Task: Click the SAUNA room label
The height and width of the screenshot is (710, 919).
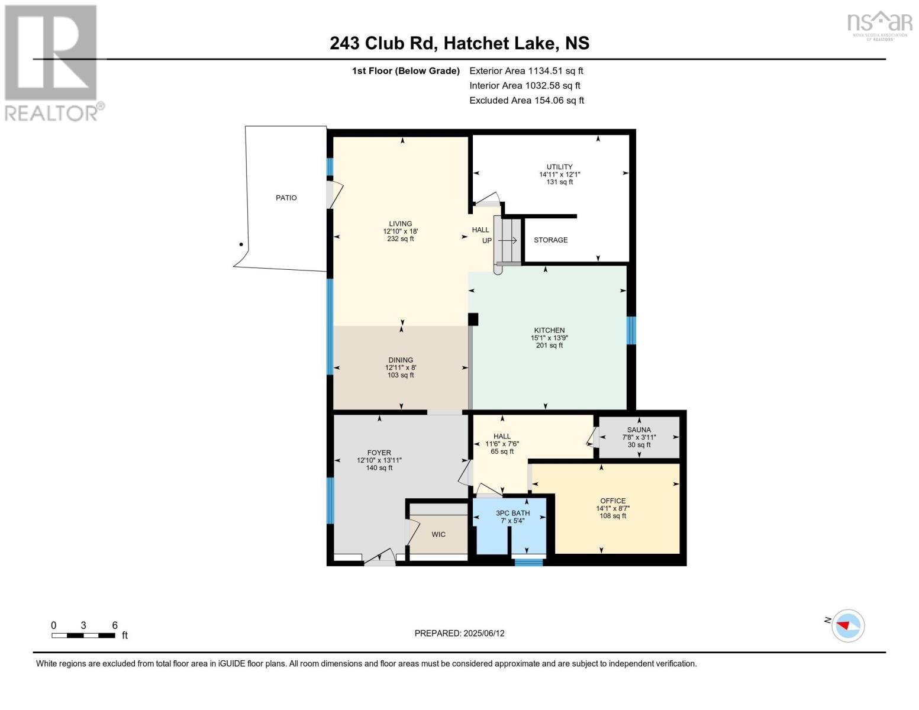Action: [639, 430]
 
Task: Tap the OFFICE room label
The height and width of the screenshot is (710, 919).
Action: [613, 501]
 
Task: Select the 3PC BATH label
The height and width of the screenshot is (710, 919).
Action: [512, 513]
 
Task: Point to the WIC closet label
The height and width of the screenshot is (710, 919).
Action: [438, 534]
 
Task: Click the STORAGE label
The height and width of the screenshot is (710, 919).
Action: [551, 240]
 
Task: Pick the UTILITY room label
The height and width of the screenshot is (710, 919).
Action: [560, 167]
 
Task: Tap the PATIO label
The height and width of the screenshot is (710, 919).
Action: [286, 198]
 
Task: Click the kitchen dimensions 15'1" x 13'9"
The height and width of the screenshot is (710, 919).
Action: [549, 338]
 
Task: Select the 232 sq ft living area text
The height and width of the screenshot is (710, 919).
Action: [401, 238]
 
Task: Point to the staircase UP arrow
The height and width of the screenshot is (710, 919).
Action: [508, 240]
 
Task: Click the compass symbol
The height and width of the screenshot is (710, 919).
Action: [848, 626]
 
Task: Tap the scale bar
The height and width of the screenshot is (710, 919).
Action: [83, 635]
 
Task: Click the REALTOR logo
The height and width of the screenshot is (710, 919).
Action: [53, 63]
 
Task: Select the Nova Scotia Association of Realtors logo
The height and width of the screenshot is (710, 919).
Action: [880, 25]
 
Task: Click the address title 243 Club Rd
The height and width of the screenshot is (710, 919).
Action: [383, 43]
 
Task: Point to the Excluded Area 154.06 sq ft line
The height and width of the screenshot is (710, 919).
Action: [527, 100]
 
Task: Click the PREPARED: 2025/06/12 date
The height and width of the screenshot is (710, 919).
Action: [459, 633]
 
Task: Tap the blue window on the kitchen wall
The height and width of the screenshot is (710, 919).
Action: [631, 330]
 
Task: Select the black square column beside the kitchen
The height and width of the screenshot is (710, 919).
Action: [473, 319]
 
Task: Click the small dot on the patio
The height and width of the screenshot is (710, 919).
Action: [241, 244]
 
